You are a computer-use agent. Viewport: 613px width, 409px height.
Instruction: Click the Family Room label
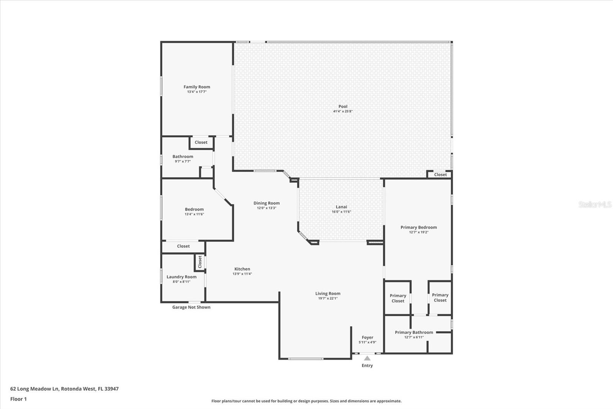point(197,87)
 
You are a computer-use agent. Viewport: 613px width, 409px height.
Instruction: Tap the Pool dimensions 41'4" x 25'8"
point(343,111)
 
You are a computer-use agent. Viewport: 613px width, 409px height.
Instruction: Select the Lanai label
point(341,207)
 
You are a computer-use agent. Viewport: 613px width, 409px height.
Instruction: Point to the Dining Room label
point(267,203)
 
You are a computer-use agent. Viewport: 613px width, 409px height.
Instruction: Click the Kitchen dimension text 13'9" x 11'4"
point(242,274)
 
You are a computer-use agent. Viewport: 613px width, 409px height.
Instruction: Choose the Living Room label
point(328,294)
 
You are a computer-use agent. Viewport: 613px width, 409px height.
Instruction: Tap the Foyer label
point(367,338)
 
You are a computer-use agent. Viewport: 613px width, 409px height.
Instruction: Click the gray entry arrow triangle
point(367,358)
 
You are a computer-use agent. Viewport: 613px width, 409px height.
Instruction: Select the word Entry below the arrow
point(367,365)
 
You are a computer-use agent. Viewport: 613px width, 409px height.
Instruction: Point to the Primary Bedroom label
point(419,227)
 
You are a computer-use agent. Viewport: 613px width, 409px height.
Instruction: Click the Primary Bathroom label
point(414,332)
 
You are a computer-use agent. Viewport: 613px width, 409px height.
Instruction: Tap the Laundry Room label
point(182,277)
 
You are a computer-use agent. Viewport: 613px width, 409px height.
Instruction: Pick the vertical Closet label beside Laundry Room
point(200,262)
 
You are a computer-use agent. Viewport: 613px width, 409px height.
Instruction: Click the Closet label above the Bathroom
point(201,142)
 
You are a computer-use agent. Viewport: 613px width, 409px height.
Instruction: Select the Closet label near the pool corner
point(440,175)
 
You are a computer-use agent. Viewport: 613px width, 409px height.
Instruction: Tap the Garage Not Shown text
point(191,307)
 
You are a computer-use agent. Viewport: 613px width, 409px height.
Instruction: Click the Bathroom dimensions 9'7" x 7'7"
point(183,162)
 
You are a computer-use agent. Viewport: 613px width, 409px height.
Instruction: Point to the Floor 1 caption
point(18,399)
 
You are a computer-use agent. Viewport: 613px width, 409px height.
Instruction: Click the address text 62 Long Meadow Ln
point(34,389)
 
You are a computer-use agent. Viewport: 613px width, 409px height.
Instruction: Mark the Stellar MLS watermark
point(595,204)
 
